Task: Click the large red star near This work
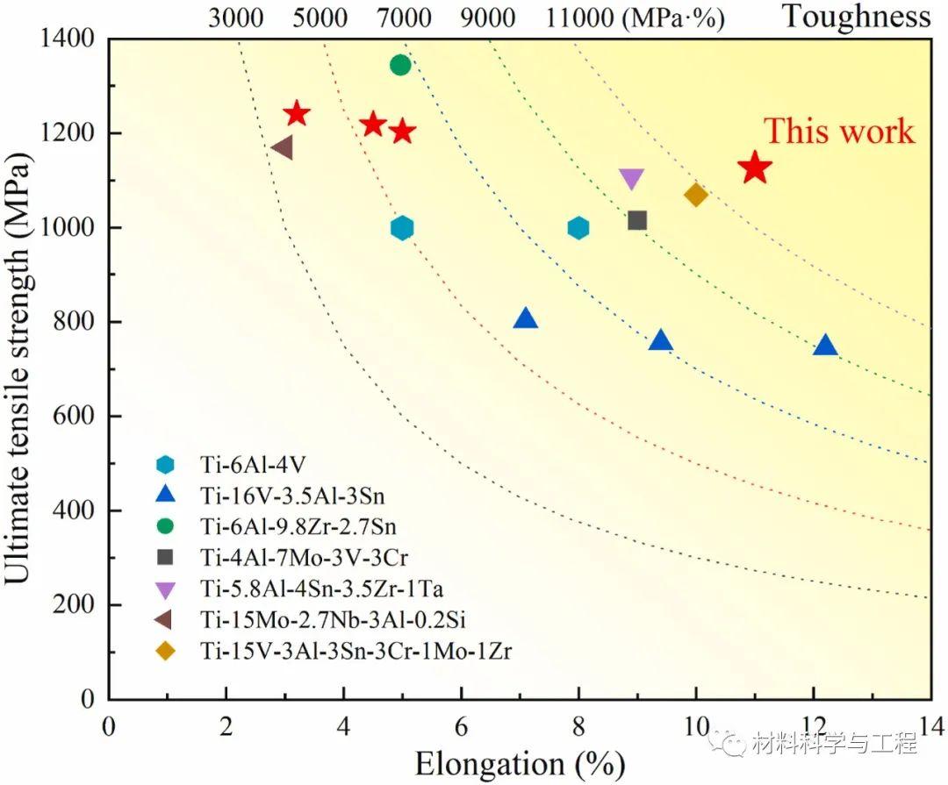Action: click(754, 168)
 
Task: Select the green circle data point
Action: click(400, 65)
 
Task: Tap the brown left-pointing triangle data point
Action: click(282, 148)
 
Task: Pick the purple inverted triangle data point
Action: click(631, 179)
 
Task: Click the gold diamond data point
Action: click(696, 195)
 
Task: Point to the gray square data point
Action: click(637, 220)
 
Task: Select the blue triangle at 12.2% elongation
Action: click(825, 345)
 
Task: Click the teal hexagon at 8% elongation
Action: click(578, 228)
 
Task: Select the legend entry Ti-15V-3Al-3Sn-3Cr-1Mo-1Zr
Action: click(355, 652)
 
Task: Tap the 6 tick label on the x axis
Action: click(461, 727)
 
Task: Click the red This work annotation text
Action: click(839, 132)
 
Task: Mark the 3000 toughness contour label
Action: click(236, 18)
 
